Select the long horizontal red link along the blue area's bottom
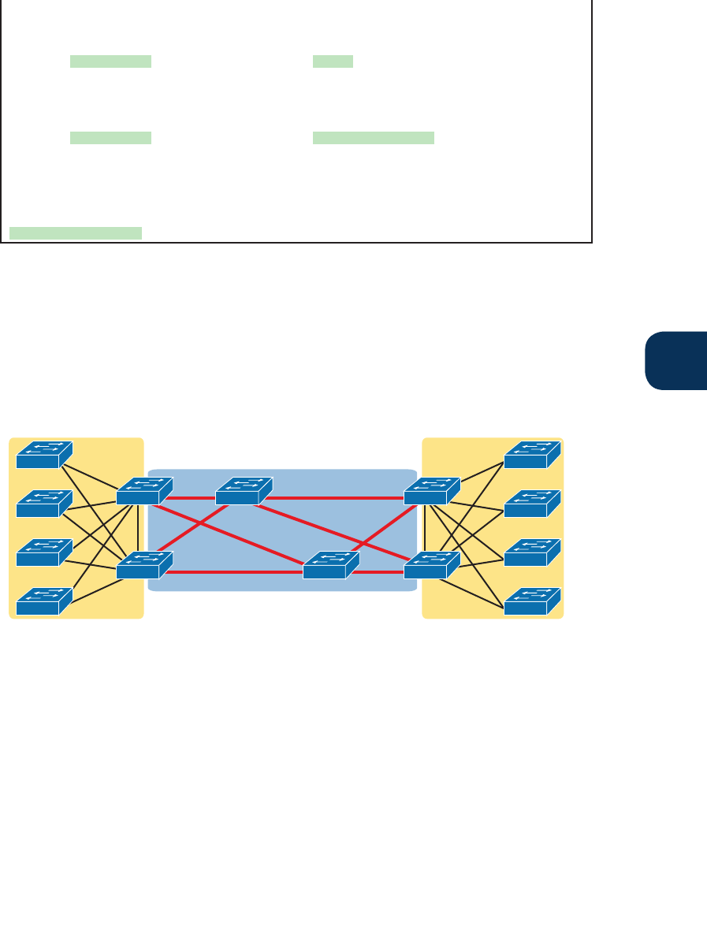click(x=236, y=572)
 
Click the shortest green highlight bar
click(x=333, y=61)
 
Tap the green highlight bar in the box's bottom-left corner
click(x=76, y=232)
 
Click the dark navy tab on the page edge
click(x=676, y=361)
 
